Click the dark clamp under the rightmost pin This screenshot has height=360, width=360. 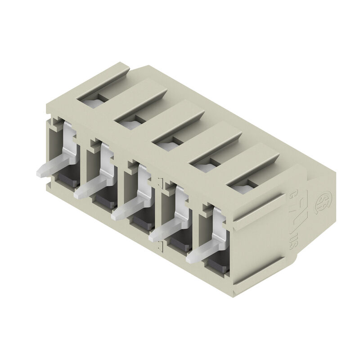[216, 265]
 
